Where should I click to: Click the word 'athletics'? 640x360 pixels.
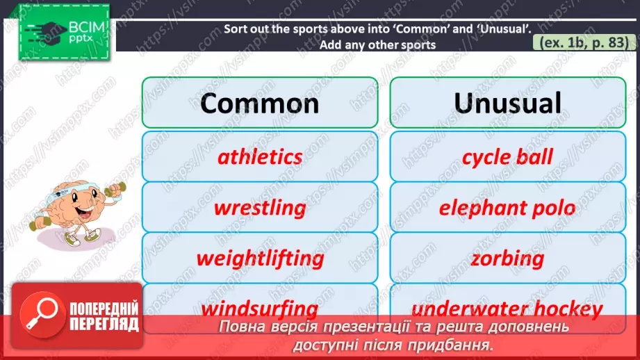coord(260,156)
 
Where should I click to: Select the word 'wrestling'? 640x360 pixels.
coord(260,208)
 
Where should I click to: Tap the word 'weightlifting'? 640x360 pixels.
coord(260,259)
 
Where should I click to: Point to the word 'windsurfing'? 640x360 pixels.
coord(260,308)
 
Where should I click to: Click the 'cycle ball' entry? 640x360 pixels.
coord(507,156)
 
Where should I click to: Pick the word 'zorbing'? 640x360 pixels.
coord(507,259)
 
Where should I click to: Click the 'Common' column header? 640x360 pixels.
coord(260,103)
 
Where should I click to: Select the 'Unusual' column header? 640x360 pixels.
coord(507,103)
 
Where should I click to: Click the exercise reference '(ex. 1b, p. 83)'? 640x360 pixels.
coord(584,43)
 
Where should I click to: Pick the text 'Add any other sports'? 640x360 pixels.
coord(377,45)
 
